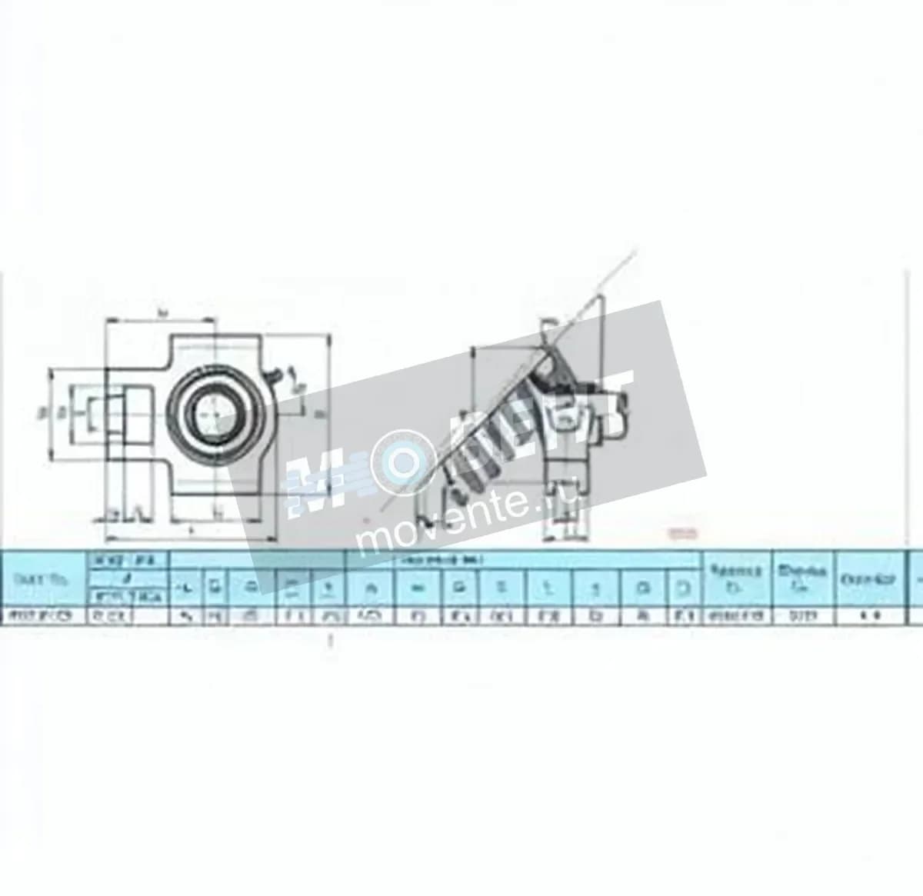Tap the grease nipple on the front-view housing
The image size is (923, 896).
[274, 376]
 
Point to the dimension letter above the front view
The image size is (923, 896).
[161, 311]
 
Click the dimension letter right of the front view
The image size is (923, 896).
[320, 414]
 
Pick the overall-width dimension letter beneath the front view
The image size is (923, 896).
[190, 531]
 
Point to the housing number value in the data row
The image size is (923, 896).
[801, 615]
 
